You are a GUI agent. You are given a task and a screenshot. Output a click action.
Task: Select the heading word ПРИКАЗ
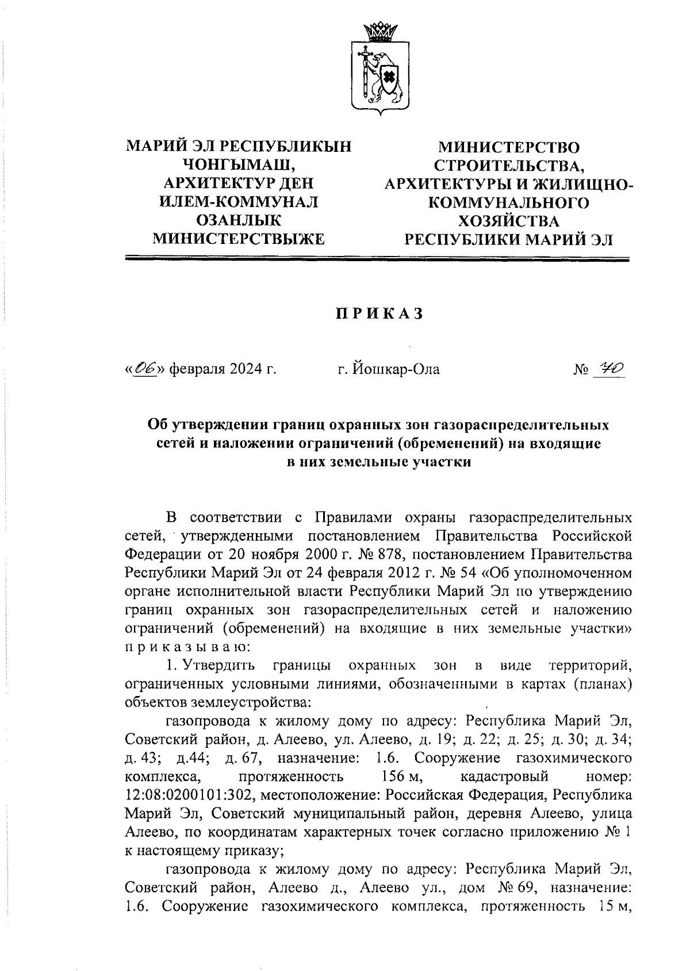(x=379, y=314)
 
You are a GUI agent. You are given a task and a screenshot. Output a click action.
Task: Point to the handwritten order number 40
(x=611, y=368)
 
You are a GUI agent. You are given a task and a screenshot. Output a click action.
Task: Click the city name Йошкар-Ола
(x=389, y=369)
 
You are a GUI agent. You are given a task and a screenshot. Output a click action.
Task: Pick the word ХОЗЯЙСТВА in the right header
(x=509, y=221)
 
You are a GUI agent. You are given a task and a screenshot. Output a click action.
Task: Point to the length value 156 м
(x=402, y=777)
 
